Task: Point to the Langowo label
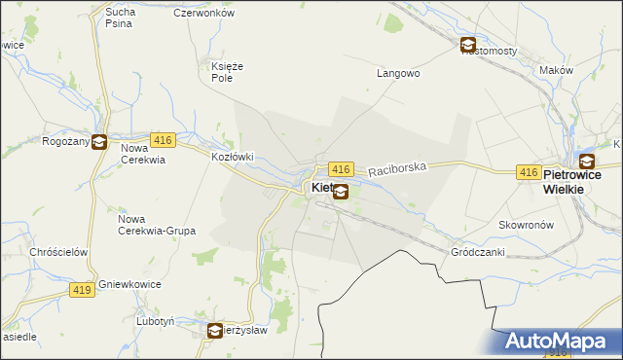(x=397, y=73)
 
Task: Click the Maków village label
(x=556, y=71)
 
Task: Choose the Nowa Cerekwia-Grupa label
(x=156, y=225)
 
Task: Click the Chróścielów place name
(x=59, y=252)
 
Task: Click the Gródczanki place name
(x=476, y=251)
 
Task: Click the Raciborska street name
(x=398, y=168)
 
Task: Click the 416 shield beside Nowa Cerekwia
(x=163, y=140)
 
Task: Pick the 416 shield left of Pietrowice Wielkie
(x=528, y=172)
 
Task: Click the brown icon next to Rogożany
(x=98, y=141)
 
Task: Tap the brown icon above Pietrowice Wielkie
(x=587, y=162)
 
